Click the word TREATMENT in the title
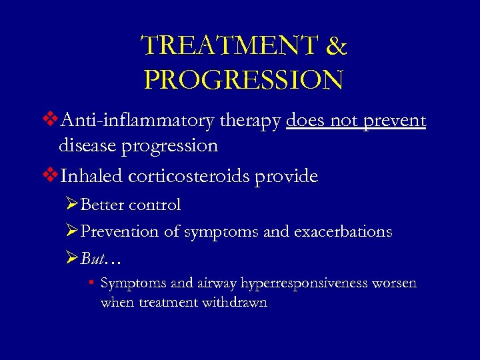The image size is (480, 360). click(228, 47)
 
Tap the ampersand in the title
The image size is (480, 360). click(337, 47)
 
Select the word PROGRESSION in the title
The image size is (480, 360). click(243, 80)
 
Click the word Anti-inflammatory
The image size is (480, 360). click(137, 121)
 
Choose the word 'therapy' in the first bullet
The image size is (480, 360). click(250, 122)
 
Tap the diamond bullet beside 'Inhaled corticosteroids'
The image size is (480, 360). click(50, 177)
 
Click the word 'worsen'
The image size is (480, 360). click(394, 283)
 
